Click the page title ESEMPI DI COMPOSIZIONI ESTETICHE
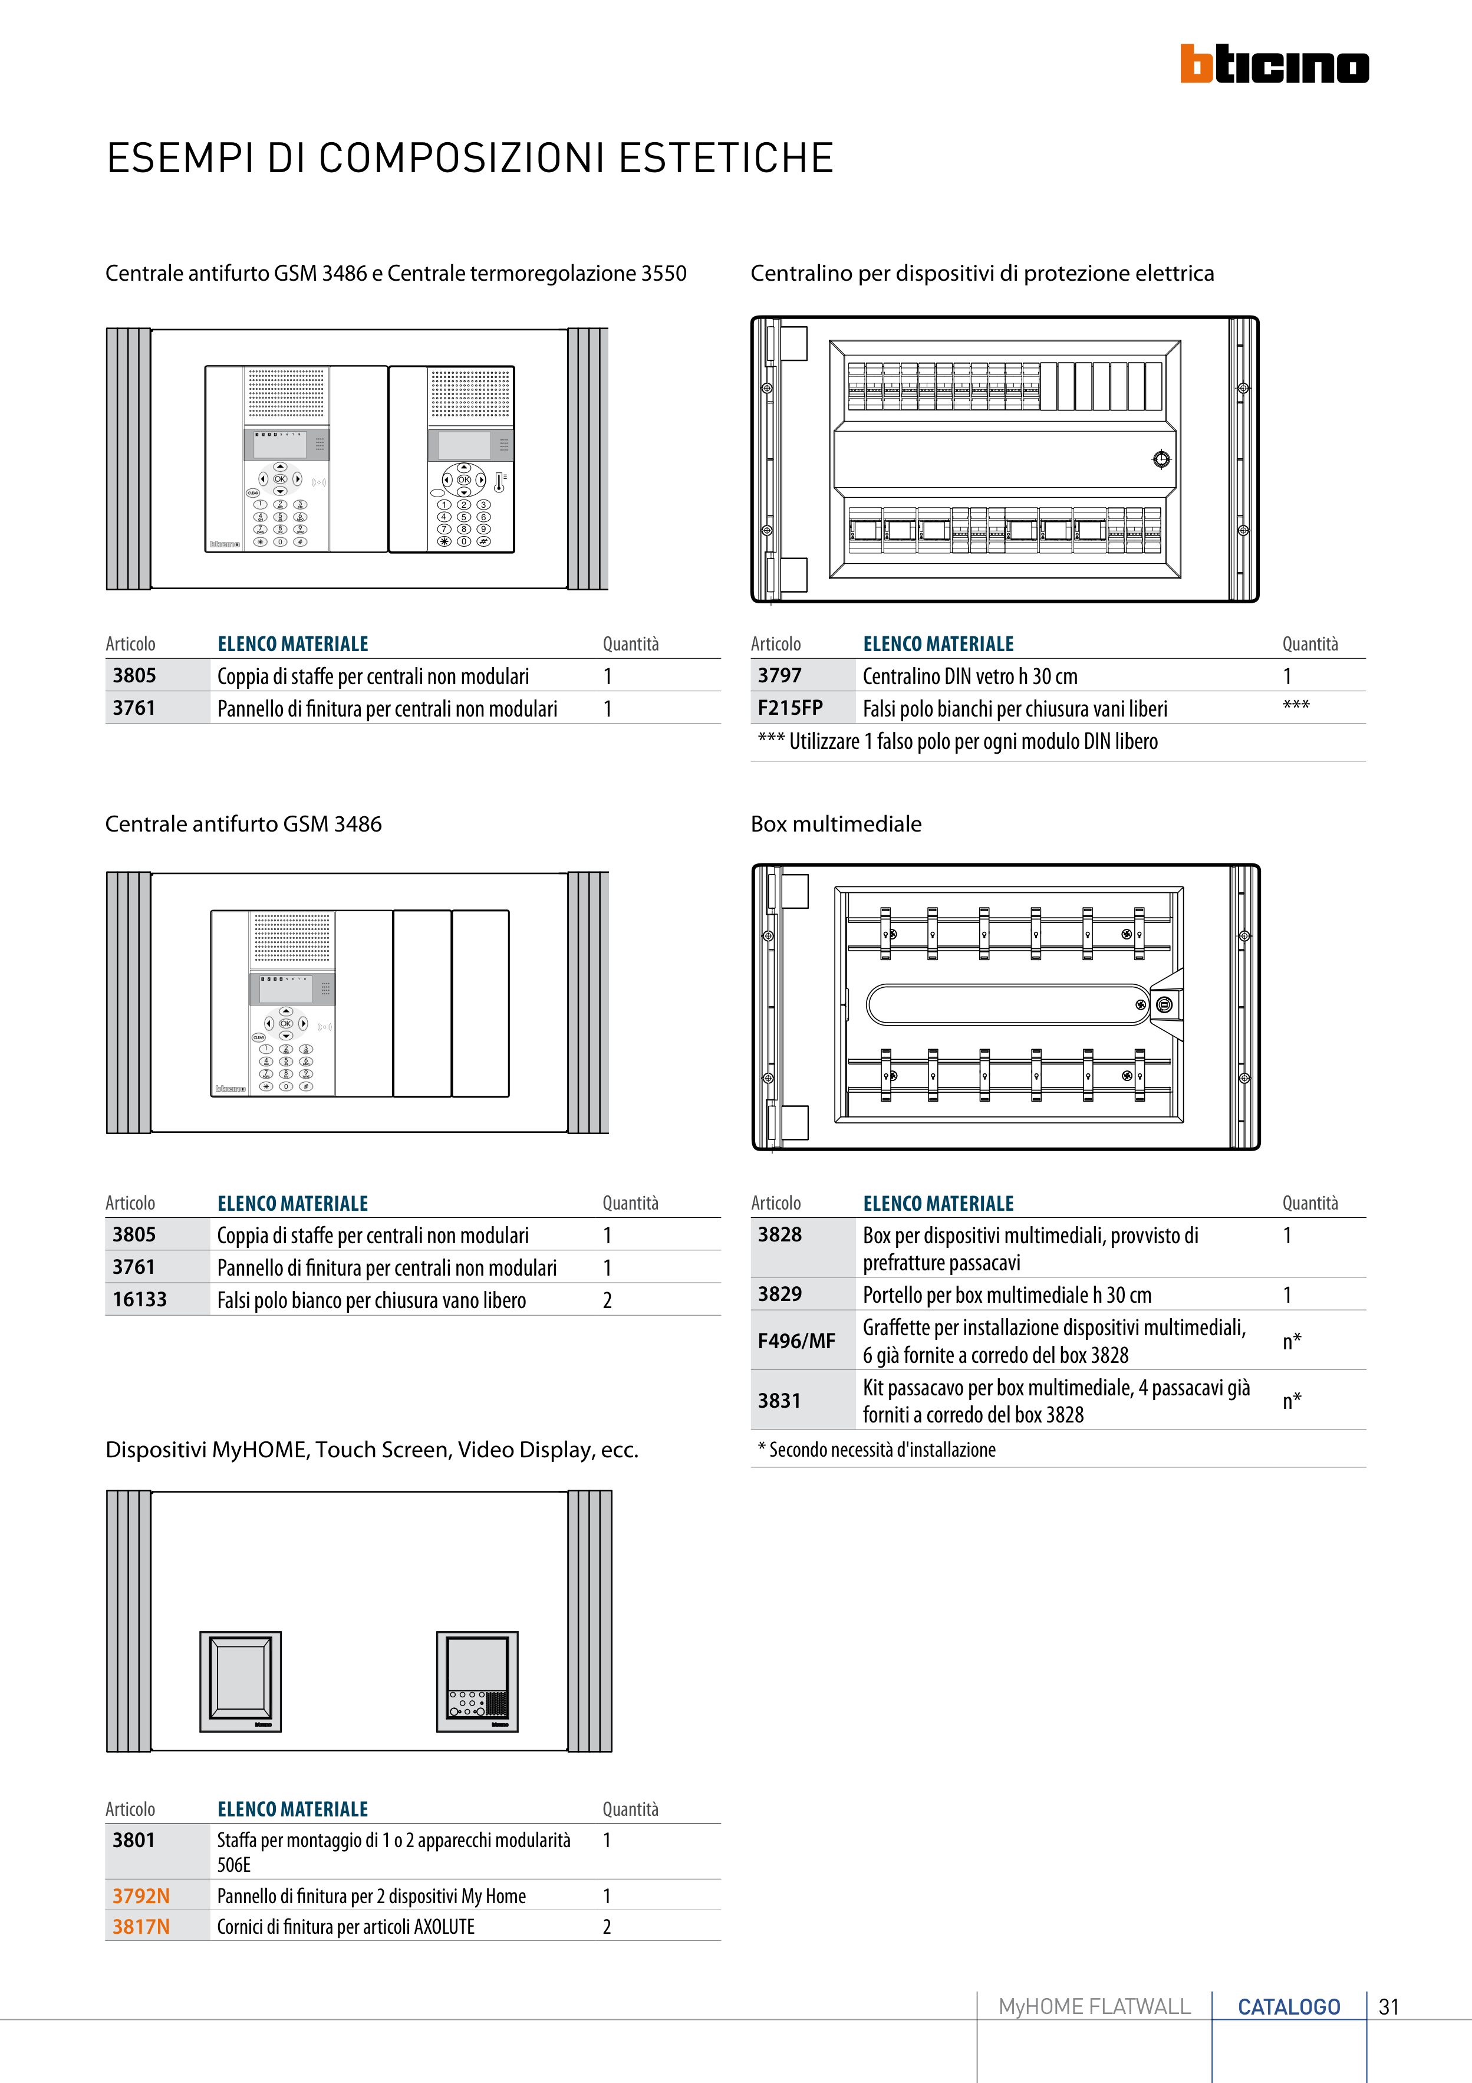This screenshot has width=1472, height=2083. point(470,159)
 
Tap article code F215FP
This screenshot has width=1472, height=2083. point(790,708)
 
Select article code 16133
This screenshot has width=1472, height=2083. point(140,1299)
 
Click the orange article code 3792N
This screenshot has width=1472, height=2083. point(140,1895)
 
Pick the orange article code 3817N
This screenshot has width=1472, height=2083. point(140,1926)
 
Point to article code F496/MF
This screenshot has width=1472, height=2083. point(796,1341)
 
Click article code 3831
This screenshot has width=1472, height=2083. point(779,1401)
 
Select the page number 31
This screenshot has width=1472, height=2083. point(1388,2007)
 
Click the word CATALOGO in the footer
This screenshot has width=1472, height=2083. point(1289,2007)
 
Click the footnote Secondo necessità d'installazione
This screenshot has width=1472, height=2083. point(881,1450)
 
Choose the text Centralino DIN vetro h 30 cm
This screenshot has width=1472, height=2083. point(970,677)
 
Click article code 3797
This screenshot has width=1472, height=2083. point(779,676)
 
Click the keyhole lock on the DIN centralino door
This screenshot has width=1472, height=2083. point(1161,459)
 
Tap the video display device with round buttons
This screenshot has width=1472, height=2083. point(477,1681)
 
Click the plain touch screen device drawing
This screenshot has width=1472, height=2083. point(241,1681)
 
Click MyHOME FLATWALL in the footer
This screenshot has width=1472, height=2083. point(1094,2007)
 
